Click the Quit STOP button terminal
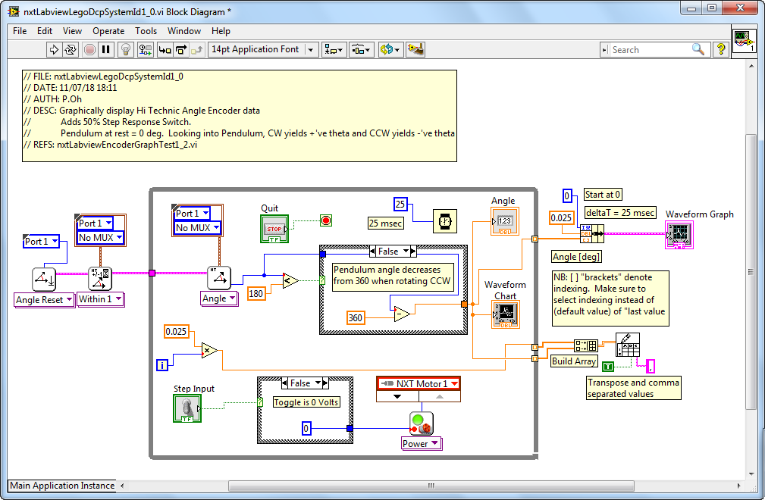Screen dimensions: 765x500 (x=274, y=229)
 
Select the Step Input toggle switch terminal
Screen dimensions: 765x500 (x=187, y=408)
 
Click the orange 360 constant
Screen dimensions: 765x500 (x=355, y=318)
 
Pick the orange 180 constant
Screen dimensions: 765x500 (x=256, y=293)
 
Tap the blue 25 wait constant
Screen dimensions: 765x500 (x=400, y=205)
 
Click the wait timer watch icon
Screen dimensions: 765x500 (x=445, y=221)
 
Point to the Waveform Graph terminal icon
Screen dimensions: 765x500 (x=679, y=235)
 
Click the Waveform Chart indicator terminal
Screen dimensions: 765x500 (x=506, y=314)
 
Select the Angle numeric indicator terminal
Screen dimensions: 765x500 (x=505, y=222)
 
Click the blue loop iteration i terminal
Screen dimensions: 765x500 (x=162, y=364)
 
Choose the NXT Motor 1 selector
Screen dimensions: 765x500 (x=419, y=383)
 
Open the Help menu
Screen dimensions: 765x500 (x=221, y=31)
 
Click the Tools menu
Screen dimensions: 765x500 (x=146, y=31)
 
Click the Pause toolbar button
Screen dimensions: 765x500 (x=106, y=49)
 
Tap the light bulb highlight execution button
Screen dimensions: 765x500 (x=126, y=49)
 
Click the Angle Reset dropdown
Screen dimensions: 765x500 (x=44, y=300)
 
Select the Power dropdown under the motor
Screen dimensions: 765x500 (x=421, y=443)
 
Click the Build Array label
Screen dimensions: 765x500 (x=574, y=361)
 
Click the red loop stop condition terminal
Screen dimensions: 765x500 (x=326, y=220)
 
